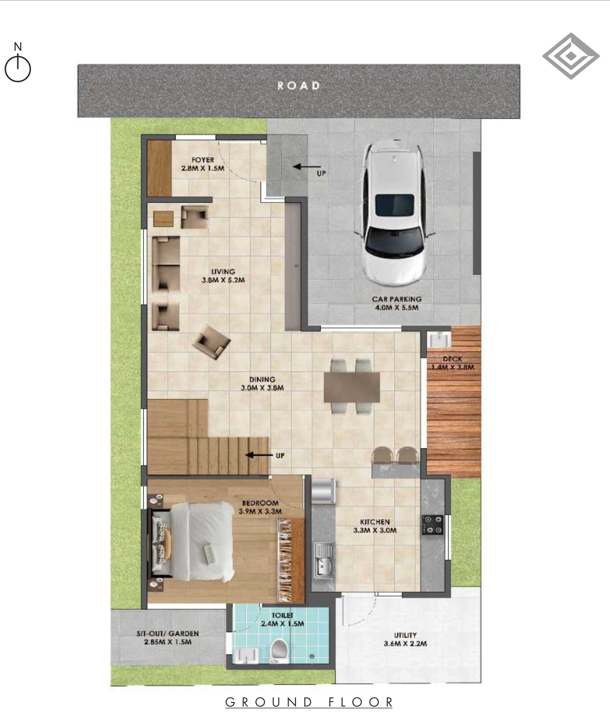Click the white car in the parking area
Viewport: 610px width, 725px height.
point(395,213)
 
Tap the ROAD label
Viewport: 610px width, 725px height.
point(299,86)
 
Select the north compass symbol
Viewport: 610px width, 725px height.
point(18,63)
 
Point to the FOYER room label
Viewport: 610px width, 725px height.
point(203,160)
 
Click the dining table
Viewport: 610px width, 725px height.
point(352,387)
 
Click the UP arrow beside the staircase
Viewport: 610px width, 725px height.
point(259,455)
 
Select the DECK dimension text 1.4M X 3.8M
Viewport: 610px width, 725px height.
point(453,367)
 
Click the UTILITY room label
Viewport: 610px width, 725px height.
point(405,635)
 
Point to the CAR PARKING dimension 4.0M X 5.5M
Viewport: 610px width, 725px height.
point(397,308)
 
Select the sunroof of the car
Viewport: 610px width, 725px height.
point(395,205)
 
